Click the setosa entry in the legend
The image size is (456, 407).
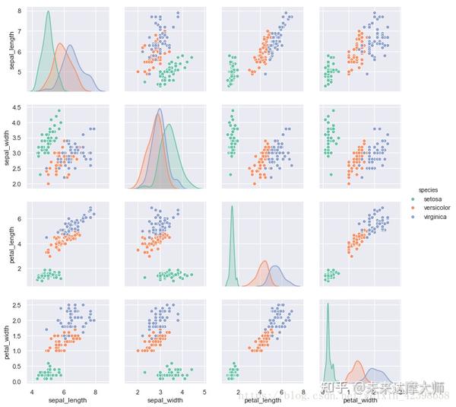click(435, 199)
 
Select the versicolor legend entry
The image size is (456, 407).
click(439, 208)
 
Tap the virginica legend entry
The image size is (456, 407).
click(436, 217)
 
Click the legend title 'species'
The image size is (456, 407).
click(429, 190)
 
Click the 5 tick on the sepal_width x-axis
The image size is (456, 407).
click(204, 391)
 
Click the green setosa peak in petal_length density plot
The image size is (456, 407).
click(232, 206)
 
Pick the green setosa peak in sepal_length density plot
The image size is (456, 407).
click(48, 12)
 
